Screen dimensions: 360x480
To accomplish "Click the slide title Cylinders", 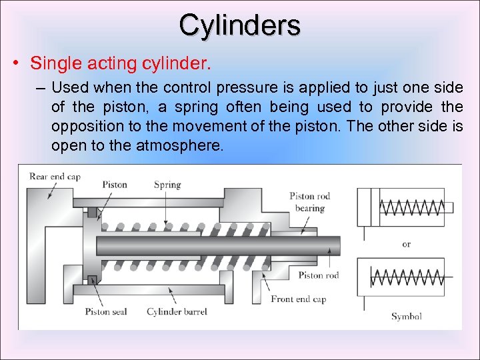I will [x=239, y=25].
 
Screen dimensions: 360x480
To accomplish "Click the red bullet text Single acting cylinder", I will [x=121, y=64].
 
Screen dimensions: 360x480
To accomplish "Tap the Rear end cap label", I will [x=55, y=176].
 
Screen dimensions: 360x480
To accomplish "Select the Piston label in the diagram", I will [x=115, y=184].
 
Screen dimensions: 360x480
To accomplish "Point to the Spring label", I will [x=167, y=184].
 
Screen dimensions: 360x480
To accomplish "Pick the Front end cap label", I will [x=298, y=299].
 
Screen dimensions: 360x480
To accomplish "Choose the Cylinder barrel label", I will [x=177, y=311].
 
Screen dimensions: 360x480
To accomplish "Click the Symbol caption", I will [x=406, y=316].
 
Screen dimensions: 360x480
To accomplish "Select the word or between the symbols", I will [x=406, y=244].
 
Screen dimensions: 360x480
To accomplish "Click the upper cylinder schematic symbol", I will [x=405, y=208].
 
